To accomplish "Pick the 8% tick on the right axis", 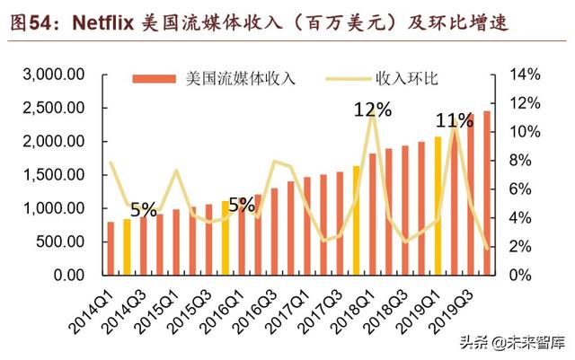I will click(521, 161).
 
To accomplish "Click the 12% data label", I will click(372, 110).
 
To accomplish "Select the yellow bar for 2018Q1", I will click(356, 220).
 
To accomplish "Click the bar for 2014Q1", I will click(111, 248).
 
